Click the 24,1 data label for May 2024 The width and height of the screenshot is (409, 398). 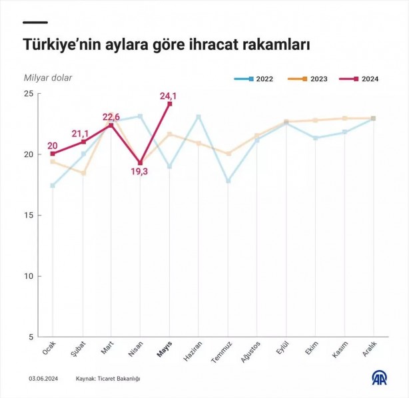tap(169, 96)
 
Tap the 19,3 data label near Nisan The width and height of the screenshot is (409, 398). tap(140, 172)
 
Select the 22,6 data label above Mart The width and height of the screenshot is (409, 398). tap(111, 117)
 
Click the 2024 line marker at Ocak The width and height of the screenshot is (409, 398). tap(53, 154)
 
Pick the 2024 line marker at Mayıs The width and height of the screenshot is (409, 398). tap(170, 104)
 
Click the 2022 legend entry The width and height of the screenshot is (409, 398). tap(254, 79)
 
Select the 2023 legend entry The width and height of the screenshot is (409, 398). tap(308, 79)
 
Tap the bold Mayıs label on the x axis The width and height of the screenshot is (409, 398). tap(165, 350)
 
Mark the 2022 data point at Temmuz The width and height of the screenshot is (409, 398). tap(228, 181)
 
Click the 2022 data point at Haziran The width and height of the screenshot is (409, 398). tap(199, 117)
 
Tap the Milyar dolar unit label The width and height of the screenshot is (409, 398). tap(48, 78)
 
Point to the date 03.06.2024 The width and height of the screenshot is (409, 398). tap(42, 379)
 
